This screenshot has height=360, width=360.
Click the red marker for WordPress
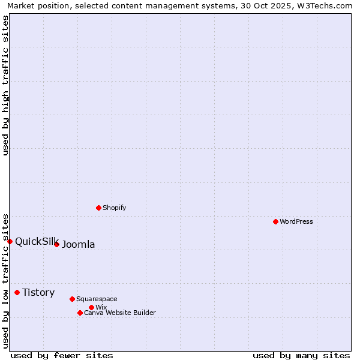[275, 221]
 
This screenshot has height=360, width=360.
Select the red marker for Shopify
[98, 208]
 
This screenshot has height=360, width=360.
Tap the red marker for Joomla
[56, 244]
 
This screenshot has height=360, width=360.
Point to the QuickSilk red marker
[10, 241]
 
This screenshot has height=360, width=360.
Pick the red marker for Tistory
[17, 292]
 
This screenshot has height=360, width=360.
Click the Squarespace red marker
[72, 299]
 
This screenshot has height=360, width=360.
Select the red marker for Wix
[91, 307]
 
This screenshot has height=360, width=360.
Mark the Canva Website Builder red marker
[80, 313]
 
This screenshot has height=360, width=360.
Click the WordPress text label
[296, 221]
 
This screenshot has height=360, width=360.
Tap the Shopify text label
[114, 208]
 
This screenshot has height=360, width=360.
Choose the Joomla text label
[79, 244]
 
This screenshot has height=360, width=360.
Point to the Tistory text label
[38, 292]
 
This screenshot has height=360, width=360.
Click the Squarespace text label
[97, 299]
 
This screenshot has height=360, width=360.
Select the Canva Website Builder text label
[119, 313]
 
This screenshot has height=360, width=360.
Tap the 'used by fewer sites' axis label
[62, 355]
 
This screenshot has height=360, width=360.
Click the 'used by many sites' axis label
[301, 355]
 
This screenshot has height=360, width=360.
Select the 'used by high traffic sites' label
[5, 85]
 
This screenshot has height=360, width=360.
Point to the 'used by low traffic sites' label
[5, 280]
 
